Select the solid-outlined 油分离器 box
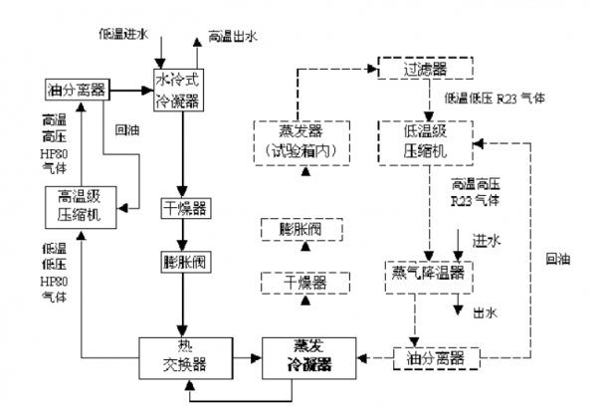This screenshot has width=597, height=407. (x=78, y=91)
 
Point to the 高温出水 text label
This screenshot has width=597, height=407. (x=234, y=38)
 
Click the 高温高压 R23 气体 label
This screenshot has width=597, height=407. (x=483, y=191)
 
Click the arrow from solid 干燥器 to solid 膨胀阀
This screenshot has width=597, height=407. (x=181, y=237)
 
